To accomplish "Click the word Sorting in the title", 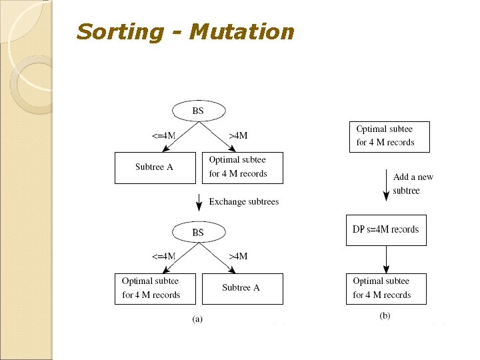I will tap(119, 31).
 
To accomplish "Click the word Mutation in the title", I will tap(241, 31).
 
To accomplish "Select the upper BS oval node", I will tap(197, 111).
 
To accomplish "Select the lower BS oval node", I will tap(197, 233).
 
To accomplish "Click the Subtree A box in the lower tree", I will tap(242, 289).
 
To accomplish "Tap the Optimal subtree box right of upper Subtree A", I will tap(243, 167).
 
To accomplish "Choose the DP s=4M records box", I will tap(386, 230).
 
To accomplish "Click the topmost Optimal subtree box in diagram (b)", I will tap(389, 137).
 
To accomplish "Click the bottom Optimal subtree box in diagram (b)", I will tap(386, 289).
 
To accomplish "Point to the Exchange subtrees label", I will tap(244, 201).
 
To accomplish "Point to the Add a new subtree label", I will tap(413, 184).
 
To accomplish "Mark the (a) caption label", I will tap(197, 319).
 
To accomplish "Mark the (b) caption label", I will tap(385, 315).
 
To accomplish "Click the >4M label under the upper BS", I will tap(238, 135).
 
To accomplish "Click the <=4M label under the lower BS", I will tap(163, 256).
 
